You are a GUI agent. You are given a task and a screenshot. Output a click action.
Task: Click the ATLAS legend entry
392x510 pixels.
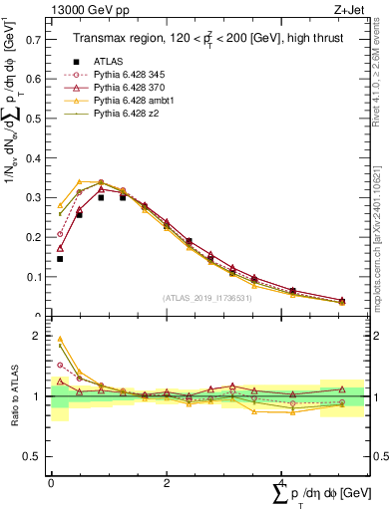point(107,62)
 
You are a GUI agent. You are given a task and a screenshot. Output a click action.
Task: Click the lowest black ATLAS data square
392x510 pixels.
point(60,259)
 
